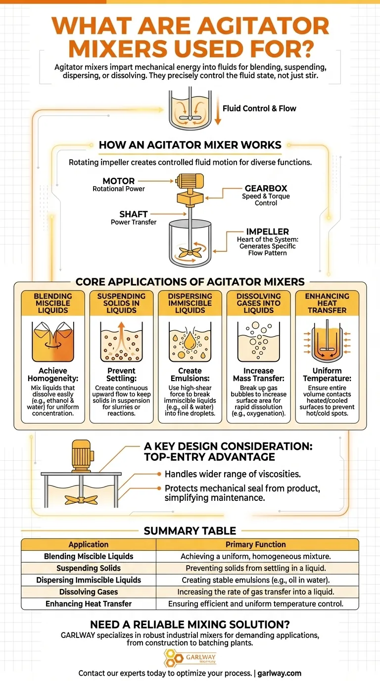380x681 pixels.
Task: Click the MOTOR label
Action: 119,181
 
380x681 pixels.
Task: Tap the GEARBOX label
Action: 266,189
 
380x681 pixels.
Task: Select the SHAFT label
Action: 133,214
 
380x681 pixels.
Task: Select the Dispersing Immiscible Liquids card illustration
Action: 190,341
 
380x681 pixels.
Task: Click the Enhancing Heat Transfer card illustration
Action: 327,341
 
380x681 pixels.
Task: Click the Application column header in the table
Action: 89,544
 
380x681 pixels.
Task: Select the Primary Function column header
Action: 255,544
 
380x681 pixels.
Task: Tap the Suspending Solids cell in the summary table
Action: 89,568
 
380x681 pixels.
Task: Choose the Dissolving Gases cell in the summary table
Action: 89,592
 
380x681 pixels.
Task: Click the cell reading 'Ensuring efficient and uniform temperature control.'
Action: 255,604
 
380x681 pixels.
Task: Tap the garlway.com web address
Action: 280,673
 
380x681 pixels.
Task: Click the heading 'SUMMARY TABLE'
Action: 190,531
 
